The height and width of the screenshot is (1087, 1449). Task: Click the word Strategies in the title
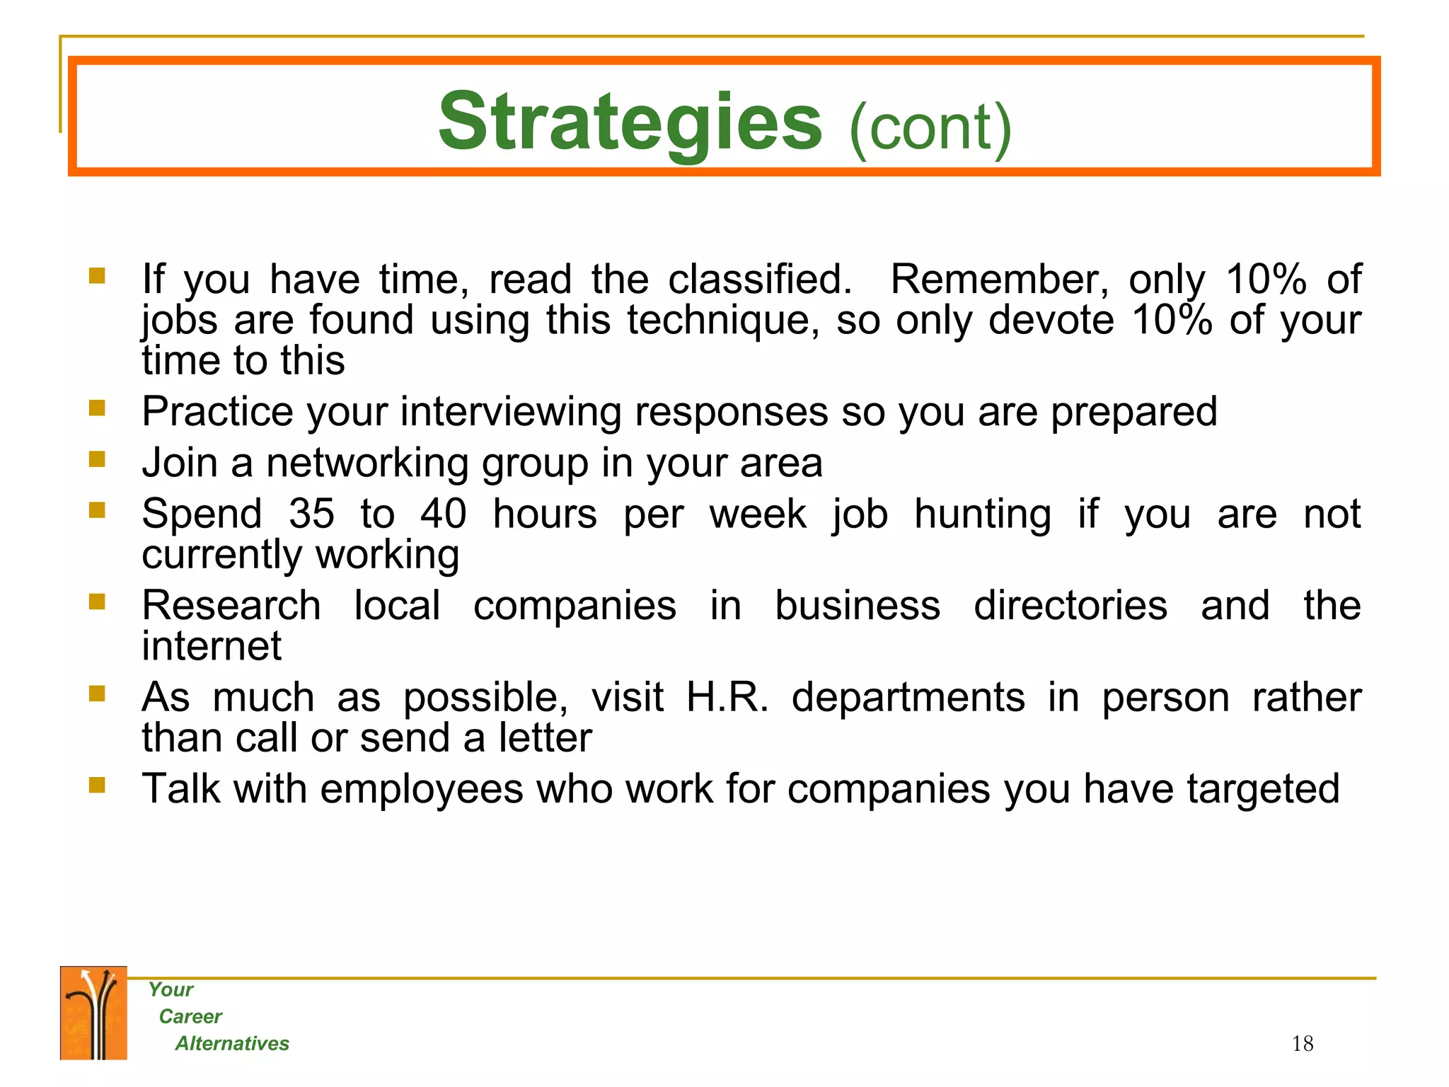coord(630,124)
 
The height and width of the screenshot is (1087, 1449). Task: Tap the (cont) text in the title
coord(930,128)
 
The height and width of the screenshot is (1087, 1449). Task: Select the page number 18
coord(1302,1043)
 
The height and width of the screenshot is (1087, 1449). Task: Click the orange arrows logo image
coord(93,1013)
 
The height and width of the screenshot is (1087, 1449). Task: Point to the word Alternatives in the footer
coord(232,1043)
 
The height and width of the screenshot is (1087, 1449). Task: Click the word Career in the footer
coord(190,1016)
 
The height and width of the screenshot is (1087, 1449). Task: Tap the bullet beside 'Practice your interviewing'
coord(97,408)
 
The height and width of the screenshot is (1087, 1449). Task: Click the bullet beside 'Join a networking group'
coord(97,460)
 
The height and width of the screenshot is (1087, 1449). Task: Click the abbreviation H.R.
coord(727,697)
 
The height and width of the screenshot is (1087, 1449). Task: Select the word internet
coord(212,646)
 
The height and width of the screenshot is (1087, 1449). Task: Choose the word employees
coord(421,790)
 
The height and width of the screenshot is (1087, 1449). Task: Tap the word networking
coord(367,464)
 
